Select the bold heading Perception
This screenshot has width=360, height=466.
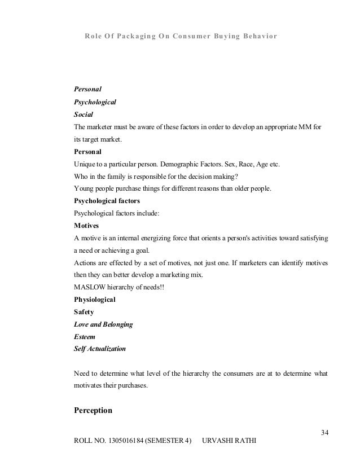pos(94,410)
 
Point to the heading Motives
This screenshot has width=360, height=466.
pos(86,225)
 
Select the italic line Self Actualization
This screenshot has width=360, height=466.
pos(100,349)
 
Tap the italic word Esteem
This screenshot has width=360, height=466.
pos(85,336)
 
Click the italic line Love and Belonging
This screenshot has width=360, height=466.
pos(104,324)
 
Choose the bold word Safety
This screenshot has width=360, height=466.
pos(84,311)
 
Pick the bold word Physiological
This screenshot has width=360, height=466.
pos(95,299)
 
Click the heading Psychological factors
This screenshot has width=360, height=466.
pos(107,200)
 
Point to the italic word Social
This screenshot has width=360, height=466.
pos(84,113)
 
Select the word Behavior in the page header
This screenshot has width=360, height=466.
pos(260,37)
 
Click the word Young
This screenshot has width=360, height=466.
pos(84,188)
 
